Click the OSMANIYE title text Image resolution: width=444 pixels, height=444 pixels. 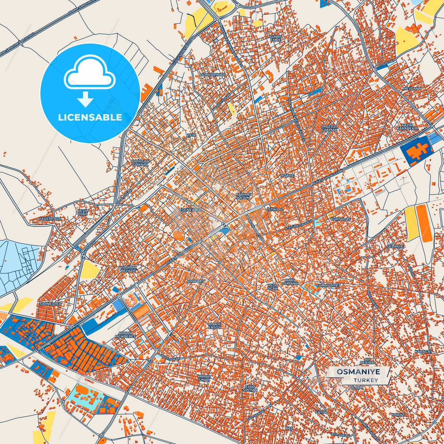(x=358, y=372)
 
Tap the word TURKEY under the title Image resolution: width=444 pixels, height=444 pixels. (x=366, y=380)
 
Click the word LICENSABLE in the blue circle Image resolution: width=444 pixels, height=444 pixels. (x=90, y=117)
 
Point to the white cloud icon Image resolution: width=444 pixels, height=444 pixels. (x=89, y=72)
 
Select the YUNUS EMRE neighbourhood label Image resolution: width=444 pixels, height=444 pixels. (x=275, y=38)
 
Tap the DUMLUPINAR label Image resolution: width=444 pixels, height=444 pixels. (x=212, y=75)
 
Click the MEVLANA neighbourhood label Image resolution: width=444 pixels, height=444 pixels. (x=412, y=88)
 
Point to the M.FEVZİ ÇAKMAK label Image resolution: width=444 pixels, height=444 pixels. (x=329, y=128)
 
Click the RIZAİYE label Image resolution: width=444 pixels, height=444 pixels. (x=287, y=175)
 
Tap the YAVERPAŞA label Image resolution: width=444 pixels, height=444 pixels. (x=50, y=218)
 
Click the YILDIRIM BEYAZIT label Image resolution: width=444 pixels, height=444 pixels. (x=128, y=269)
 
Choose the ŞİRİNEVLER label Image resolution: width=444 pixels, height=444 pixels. (x=51, y=304)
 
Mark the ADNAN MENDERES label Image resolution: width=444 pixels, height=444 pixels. (x=125, y=335)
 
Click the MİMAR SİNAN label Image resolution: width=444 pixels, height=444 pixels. (x=204, y=378)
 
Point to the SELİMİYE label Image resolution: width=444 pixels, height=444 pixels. (x=395, y=246)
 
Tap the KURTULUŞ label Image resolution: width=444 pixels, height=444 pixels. (x=340, y=219)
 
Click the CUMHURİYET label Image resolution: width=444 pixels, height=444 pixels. (x=328, y=285)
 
